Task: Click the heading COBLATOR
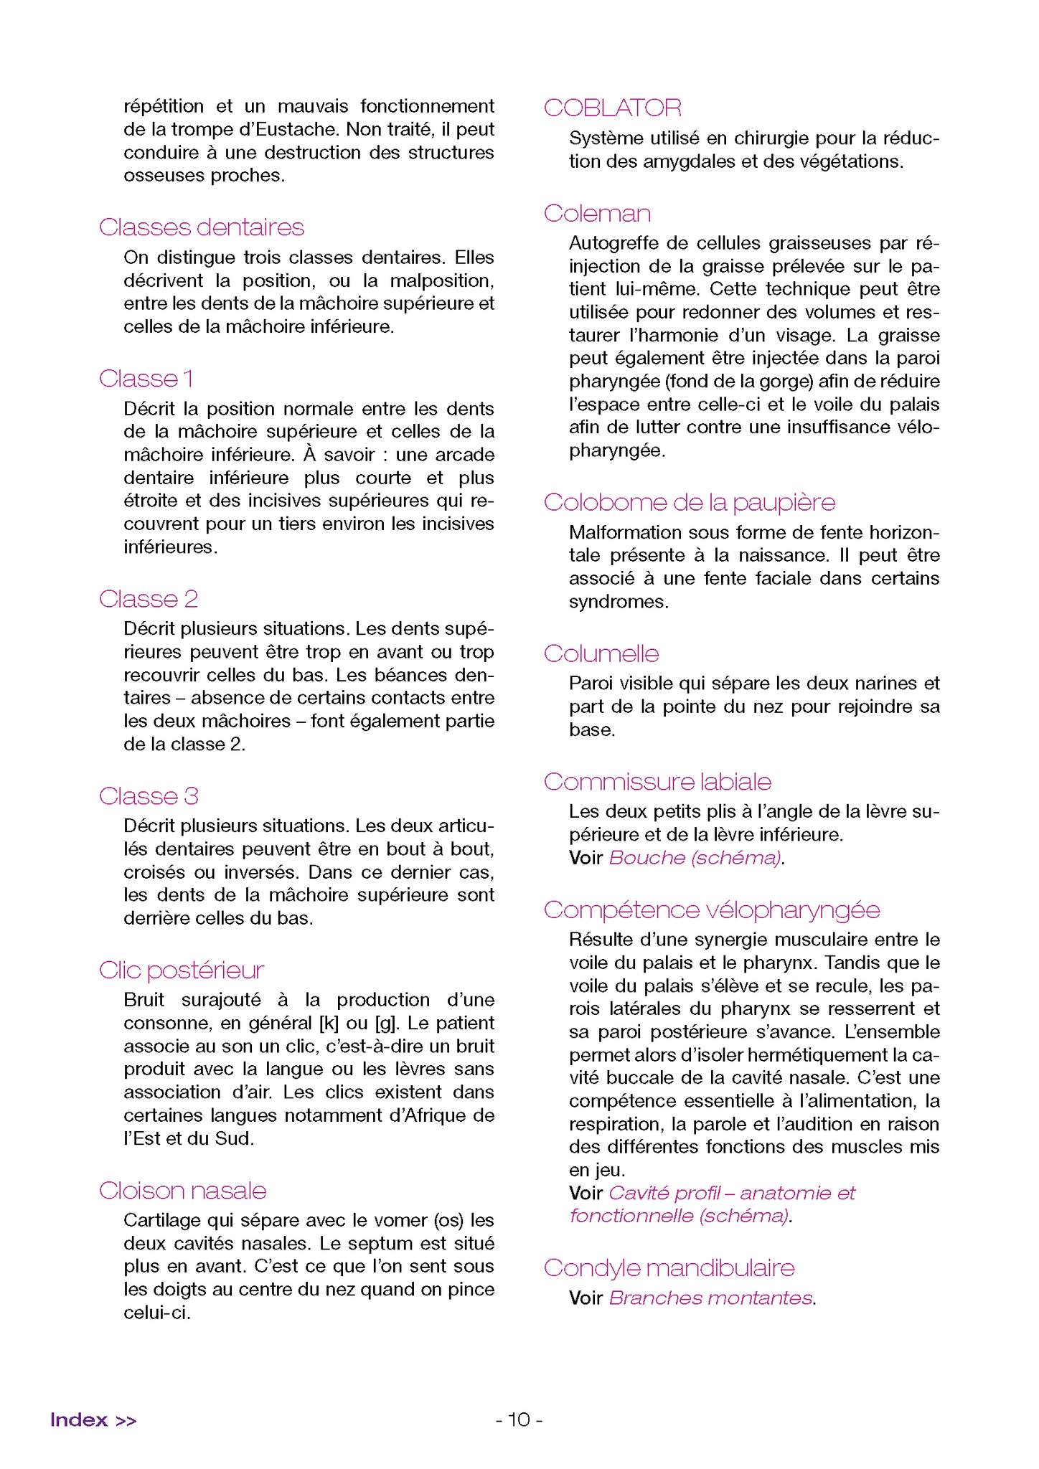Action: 612,108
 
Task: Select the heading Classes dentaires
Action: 202,227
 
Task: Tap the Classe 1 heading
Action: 146,379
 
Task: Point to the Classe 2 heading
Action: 149,599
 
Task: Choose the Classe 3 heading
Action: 149,796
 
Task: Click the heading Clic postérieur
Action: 182,970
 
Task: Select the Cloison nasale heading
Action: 183,1191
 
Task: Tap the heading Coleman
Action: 597,214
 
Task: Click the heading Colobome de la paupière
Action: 690,503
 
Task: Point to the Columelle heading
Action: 601,654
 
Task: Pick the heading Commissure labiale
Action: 657,782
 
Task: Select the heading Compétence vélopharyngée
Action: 712,910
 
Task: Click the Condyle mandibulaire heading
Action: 669,1268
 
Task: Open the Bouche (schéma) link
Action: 695,858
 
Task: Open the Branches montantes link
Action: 711,1298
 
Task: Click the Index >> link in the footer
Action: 93,1420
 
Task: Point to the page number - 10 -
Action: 519,1420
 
